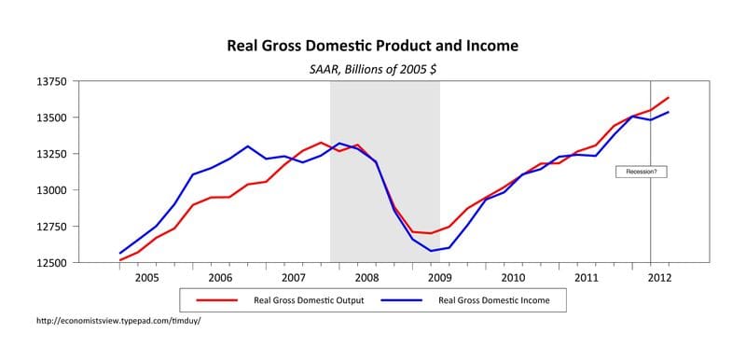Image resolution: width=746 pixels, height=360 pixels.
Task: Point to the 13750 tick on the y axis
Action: click(52, 82)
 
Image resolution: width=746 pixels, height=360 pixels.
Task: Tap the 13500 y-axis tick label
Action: click(52, 118)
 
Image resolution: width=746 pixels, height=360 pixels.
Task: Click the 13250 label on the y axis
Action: click(52, 155)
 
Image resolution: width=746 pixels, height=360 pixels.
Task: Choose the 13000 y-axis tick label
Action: click(52, 190)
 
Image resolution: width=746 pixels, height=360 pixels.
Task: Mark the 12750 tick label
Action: click(52, 227)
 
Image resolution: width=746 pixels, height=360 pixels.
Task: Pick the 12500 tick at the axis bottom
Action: click(52, 263)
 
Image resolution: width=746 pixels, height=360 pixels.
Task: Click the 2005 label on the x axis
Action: click(147, 278)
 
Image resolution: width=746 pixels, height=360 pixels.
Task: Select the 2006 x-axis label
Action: click(220, 278)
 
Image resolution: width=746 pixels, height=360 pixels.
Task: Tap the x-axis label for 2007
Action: click(293, 278)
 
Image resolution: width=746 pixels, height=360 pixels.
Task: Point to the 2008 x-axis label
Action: click(366, 278)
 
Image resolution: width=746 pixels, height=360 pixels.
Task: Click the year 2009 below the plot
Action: click(439, 278)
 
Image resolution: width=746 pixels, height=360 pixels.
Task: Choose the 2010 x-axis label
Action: click(512, 278)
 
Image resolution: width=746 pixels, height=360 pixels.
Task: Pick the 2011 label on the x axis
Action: click(586, 278)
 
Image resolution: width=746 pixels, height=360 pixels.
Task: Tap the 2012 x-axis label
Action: click(658, 278)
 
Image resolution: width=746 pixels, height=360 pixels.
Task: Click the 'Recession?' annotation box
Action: click(642, 172)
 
